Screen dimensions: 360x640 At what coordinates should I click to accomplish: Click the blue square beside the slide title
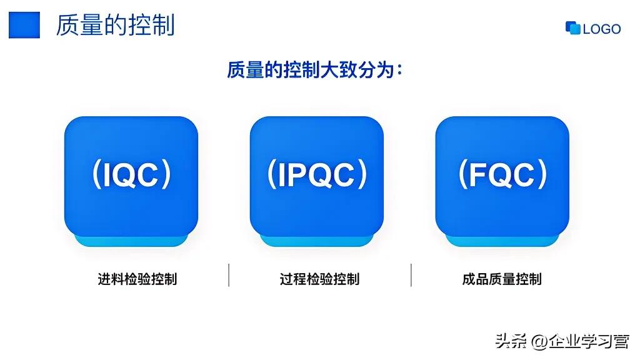24,26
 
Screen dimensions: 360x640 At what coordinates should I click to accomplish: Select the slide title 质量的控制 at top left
115,26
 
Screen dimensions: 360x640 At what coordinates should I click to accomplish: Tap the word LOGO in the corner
602,29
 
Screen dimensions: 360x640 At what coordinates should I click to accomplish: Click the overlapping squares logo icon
572,28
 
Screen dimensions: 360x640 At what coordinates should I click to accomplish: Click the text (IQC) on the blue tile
131,175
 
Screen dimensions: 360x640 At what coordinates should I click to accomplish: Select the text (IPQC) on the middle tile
317,175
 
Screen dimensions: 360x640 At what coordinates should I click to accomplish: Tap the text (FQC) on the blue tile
502,175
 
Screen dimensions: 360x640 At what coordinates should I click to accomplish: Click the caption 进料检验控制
137,279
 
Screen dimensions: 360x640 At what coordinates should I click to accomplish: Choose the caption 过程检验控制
319,279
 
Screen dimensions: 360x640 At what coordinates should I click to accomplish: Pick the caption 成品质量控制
502,279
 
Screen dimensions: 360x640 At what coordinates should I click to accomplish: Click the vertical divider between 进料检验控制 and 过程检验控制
229,275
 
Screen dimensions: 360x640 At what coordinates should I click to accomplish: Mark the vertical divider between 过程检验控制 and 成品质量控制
411,275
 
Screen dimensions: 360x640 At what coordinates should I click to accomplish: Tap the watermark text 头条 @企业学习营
562,341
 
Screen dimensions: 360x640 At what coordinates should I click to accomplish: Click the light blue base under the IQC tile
131,241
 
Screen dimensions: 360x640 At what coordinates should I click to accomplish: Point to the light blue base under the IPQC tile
317,241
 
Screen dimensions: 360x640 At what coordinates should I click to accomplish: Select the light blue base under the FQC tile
502,241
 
